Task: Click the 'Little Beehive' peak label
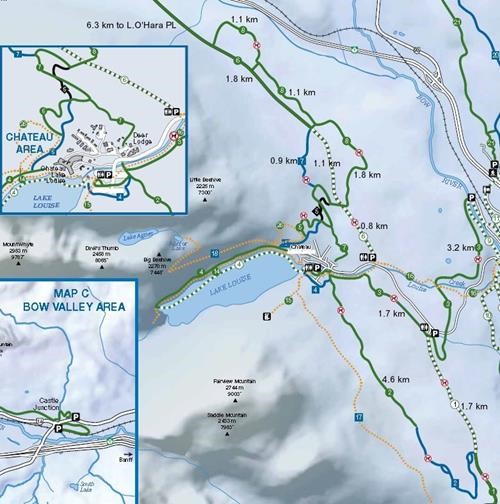coord(204,183)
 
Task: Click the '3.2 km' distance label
coord(459,247)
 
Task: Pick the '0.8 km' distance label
coord(373,225)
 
